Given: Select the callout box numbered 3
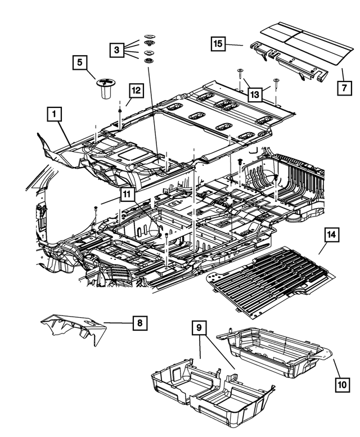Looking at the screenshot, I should click(x=116, y=50).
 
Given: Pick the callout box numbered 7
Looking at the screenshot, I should click(x=343, y=88).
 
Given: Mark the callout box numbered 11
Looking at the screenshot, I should click(x=127, y=195).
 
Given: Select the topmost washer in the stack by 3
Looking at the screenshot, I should click(x=148, y=35).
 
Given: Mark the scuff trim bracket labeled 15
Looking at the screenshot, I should click(x=287, y=62).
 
